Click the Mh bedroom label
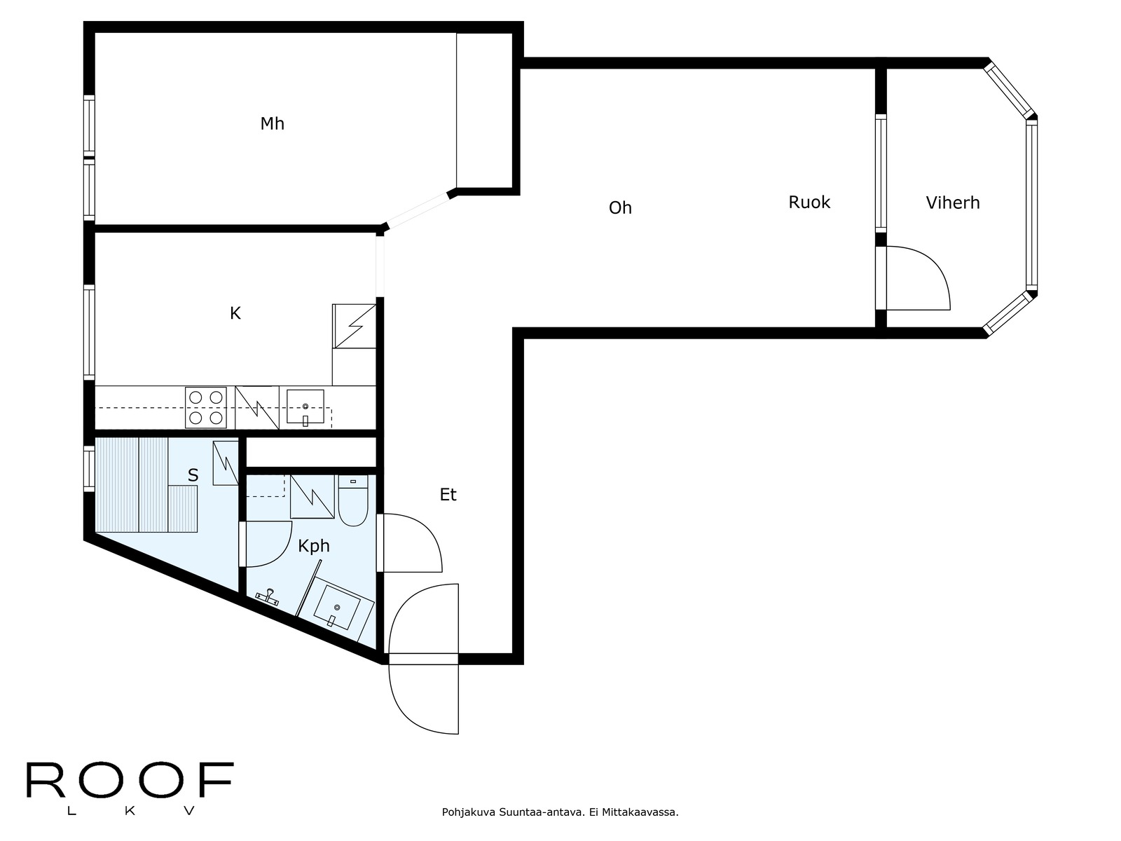tap(272, 124)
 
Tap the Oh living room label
tap(620, 208)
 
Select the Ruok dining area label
tap(809, 203)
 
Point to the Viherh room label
tap(952, 203)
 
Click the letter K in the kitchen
tap(235, 313)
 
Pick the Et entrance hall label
tap(448, 495)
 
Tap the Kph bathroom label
tap(313, 546)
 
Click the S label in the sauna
tap(193, 476)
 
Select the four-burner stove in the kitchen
tap(206, 407)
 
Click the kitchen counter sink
tap(305, 407)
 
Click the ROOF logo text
tap(129, 781)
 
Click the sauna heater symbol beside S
tap(226, 462)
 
